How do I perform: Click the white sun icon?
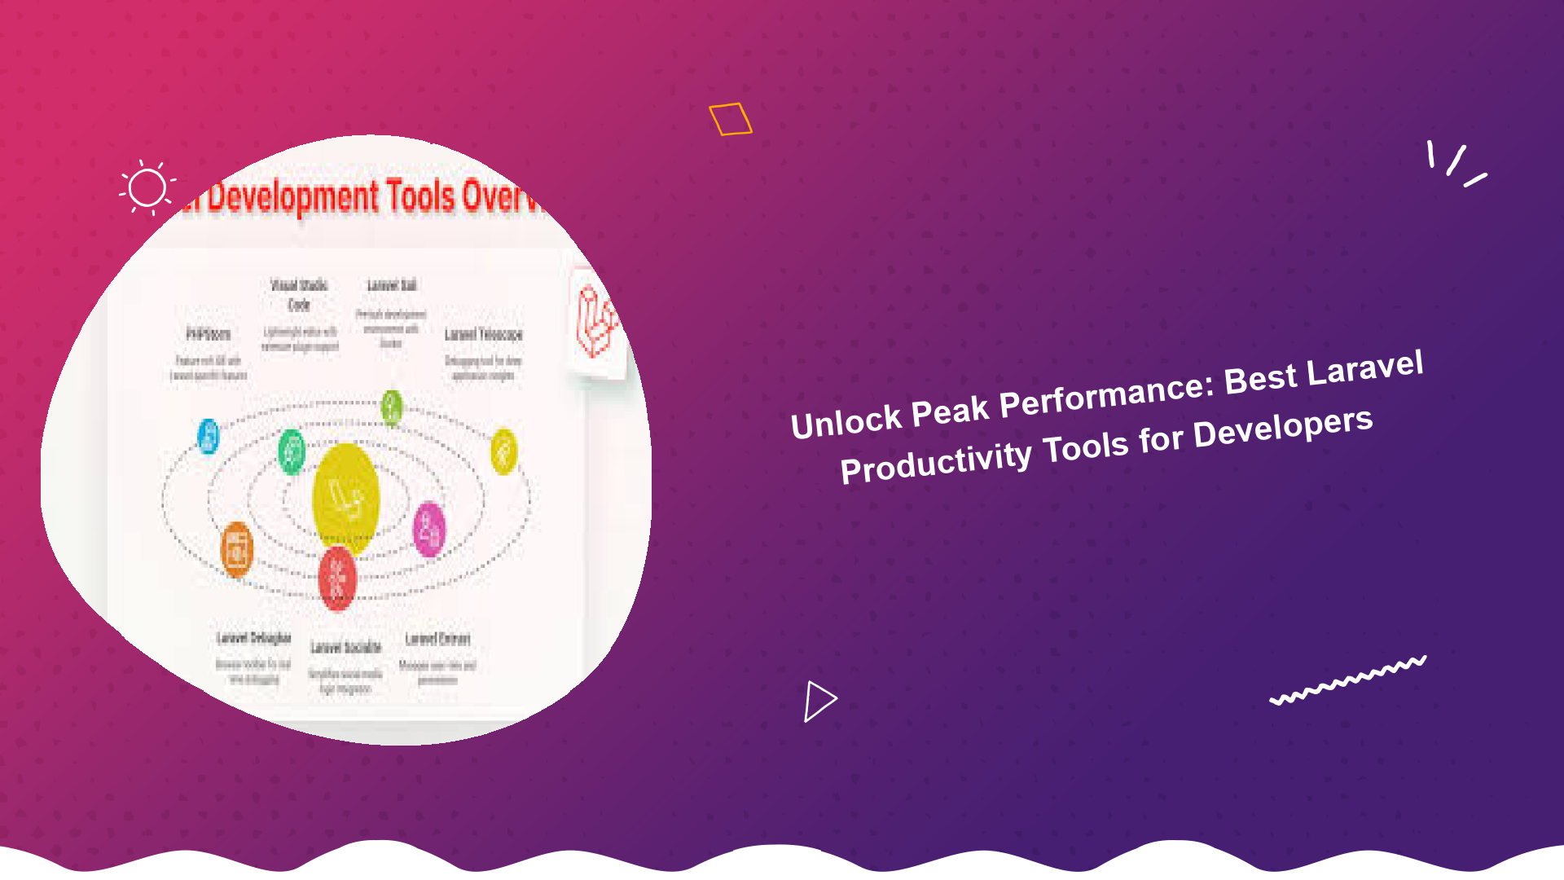pos(147,188)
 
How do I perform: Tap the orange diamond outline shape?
pos(730,119)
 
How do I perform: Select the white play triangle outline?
pos(819,701)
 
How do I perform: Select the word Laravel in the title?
pos(1365,369)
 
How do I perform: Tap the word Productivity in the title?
pos(936,462)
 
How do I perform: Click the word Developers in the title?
pos(1283,428)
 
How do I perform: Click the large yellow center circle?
pos(346,497)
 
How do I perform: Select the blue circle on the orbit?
pos(209,436)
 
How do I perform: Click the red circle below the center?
pos(337,578)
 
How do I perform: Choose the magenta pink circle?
pos(429,530)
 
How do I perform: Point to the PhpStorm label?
pos(209,334)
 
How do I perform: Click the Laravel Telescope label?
pos(483,334)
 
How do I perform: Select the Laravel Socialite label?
pos(346,648)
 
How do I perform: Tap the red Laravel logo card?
pos(595,322)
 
